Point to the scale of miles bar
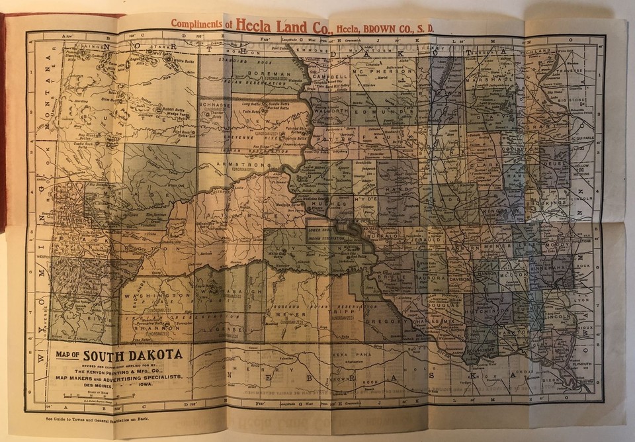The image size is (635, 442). tap(99, 397)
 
